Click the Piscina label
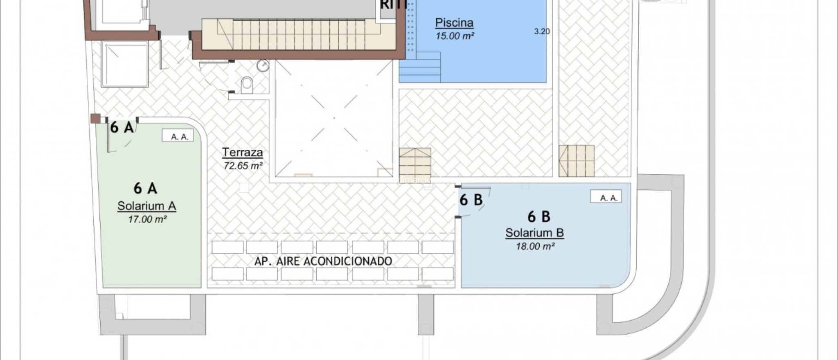(x=454, y=23)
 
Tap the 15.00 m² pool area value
(x=455, y=36)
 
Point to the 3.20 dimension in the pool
(x=542, y=32)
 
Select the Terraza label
(x=242, y=153)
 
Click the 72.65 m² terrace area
(x=243, y=166)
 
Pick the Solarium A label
(x=146, y=206)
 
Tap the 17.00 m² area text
(x=147, y=219)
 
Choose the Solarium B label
(x=534, y=233)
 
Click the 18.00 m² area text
(x=535, y=246)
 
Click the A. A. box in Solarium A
(x=180, y=137)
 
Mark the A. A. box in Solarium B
(x=606, y=198)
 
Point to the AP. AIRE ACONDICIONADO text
(x=323, y=261)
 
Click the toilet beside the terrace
(x=247, y=85)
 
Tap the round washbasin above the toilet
(x=263, y=66)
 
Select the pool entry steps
(x=419, y=67)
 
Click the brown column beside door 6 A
(x=96, y=119)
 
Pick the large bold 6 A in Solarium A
(x=145, y=188)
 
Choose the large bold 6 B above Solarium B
(x=538, y=216)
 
